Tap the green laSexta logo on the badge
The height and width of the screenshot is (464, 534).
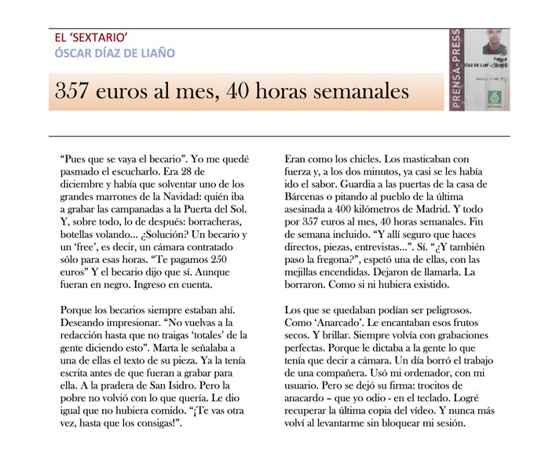point(495,97)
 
